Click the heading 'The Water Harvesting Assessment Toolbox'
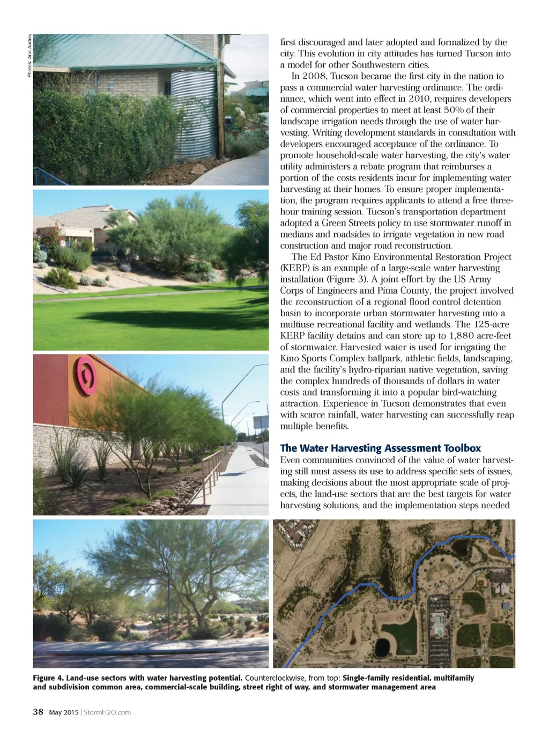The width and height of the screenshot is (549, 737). point(380,448)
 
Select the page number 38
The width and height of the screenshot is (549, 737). point(38,712)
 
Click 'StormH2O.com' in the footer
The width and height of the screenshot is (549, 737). point(107,712)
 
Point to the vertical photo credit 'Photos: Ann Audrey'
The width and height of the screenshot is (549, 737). point(29,56)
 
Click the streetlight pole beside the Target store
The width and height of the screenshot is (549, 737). point(224,407)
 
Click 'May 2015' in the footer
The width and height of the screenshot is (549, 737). point(63,712)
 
